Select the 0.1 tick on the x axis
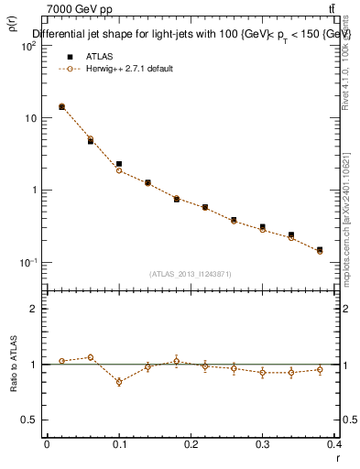coord(119,443)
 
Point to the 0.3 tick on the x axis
coord(263,443)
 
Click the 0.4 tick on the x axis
coord(334,443)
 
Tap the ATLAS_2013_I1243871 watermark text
coord(191,273)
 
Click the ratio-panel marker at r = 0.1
coord(119,382)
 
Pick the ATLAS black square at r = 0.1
coord(119,164)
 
